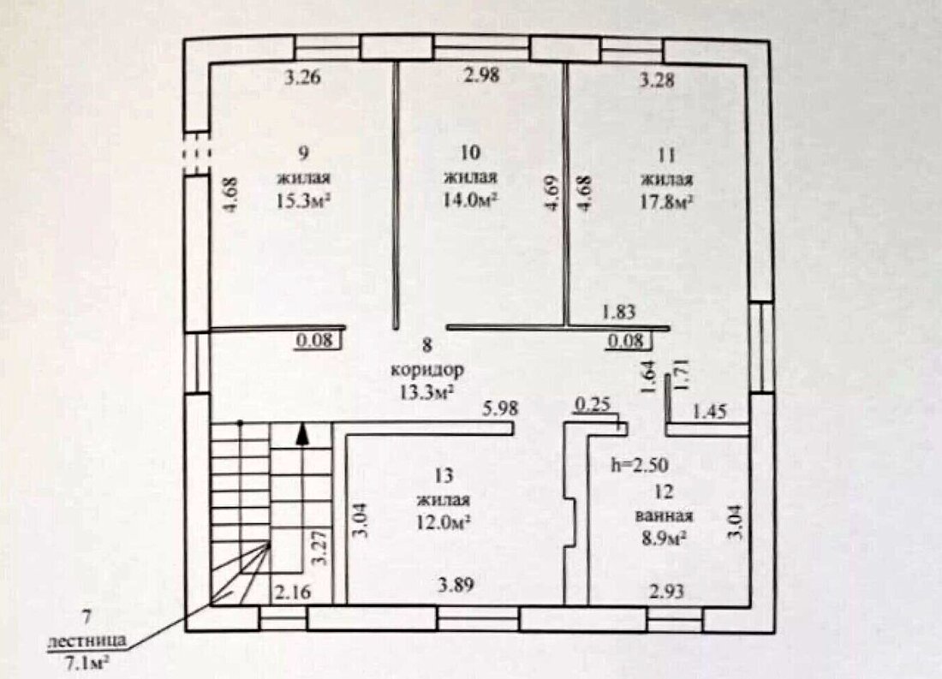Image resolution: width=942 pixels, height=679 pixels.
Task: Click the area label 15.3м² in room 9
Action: coord(304,200)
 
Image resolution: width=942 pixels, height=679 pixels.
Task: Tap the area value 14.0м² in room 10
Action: coord(470,199)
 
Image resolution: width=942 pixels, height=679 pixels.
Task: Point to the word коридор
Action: coord(427,369)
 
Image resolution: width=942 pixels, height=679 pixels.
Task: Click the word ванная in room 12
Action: coord(664,515)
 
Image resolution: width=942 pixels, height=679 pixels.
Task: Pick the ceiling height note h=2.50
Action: coord(640,464)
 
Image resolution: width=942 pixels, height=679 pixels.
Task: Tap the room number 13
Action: coord(444,477)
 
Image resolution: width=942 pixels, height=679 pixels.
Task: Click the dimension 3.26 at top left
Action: coord(303,77)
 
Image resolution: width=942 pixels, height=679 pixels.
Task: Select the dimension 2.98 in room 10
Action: coord(482,75)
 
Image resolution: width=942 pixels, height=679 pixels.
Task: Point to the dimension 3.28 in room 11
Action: coord(656,80)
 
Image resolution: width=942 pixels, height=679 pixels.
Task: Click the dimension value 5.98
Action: coord(500,408)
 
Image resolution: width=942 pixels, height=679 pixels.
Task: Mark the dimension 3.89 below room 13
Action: coord(456,585)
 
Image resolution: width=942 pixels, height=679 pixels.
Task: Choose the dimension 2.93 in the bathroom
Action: coord(667,592)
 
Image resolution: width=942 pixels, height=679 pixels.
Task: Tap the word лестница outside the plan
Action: coord(87,640)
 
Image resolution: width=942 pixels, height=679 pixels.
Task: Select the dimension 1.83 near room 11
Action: coord(618,312)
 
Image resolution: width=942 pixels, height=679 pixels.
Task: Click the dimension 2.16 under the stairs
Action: coord(293,593)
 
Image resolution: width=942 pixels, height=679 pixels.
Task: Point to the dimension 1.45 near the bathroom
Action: coord(710,412)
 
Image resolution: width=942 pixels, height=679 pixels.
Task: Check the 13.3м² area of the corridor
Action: coord(426,392)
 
